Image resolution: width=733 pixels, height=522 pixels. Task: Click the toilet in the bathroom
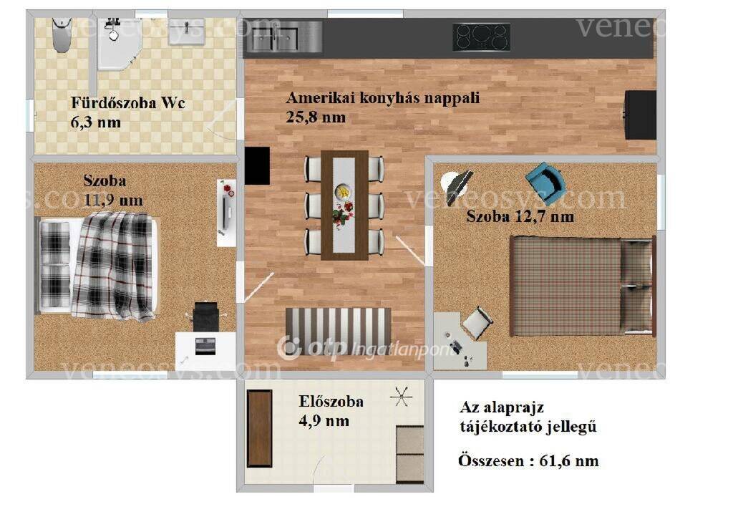pos(62,34)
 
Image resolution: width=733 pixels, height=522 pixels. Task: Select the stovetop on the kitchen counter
pos(481,37)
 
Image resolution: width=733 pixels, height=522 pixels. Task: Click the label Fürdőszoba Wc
pos(128,102)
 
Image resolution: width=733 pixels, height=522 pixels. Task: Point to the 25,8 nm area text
pos(316,117)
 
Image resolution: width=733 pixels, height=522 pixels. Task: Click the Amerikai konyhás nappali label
pos(383,98)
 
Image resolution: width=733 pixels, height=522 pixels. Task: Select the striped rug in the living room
pos(339,330)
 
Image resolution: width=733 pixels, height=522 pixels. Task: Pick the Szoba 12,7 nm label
pos(520,216)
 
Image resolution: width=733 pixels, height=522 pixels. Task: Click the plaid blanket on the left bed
pos(114,265)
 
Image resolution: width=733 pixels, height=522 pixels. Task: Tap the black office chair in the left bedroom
pos(205,316)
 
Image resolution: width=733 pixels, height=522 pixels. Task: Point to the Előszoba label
pos(331,401)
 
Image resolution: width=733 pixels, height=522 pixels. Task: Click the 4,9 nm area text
pos(324,421)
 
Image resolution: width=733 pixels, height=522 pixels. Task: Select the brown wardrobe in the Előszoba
pos(259,428)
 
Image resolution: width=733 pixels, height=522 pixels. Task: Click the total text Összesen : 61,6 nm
pos(528,460)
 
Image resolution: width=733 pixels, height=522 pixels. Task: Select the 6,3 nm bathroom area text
pos(96,122)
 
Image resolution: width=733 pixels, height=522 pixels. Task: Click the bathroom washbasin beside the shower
pos(187,32)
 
